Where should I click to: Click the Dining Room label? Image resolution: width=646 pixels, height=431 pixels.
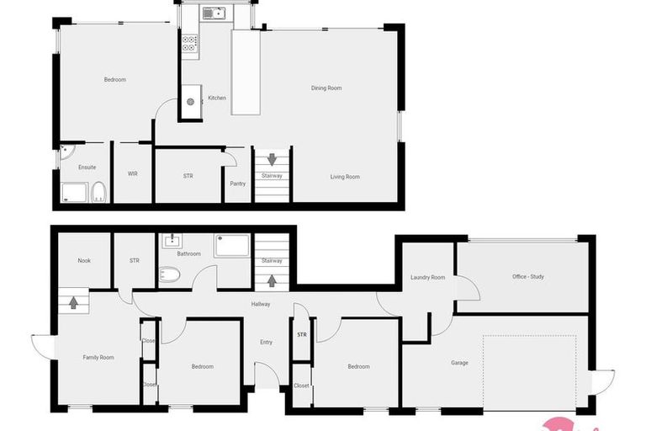(326, 88)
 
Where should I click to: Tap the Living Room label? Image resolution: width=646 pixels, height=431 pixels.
(345, 177)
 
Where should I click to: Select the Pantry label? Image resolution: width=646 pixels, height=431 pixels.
(237, 184)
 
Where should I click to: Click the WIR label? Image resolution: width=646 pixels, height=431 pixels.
(133, 174)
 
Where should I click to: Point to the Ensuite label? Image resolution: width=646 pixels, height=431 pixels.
(87, 168)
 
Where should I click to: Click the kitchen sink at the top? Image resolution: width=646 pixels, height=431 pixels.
(214, 13)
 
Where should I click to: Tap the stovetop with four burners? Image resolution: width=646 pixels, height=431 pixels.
(189, 44)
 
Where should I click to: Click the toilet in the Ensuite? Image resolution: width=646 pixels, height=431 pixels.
(98, 193)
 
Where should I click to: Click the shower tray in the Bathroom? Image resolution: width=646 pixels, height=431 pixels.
(231, 245)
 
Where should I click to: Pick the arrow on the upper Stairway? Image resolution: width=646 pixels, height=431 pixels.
(272, 158)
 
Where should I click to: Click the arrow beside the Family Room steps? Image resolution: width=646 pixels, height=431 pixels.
(73, 301)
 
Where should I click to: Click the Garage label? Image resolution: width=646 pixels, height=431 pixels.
(459, 363)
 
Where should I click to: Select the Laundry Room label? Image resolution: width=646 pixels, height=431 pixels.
(427, 277)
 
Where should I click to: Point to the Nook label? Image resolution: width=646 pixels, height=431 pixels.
(84, 260)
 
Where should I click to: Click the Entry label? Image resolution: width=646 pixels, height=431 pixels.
(266, 342)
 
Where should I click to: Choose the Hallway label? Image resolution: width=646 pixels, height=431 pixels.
(261, 304)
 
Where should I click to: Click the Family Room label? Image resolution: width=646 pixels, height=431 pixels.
(98, 358)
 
